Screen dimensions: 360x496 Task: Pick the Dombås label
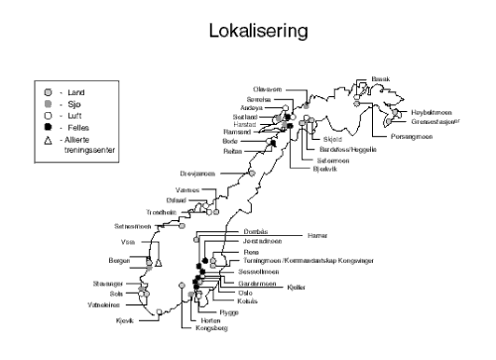point(255,230)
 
